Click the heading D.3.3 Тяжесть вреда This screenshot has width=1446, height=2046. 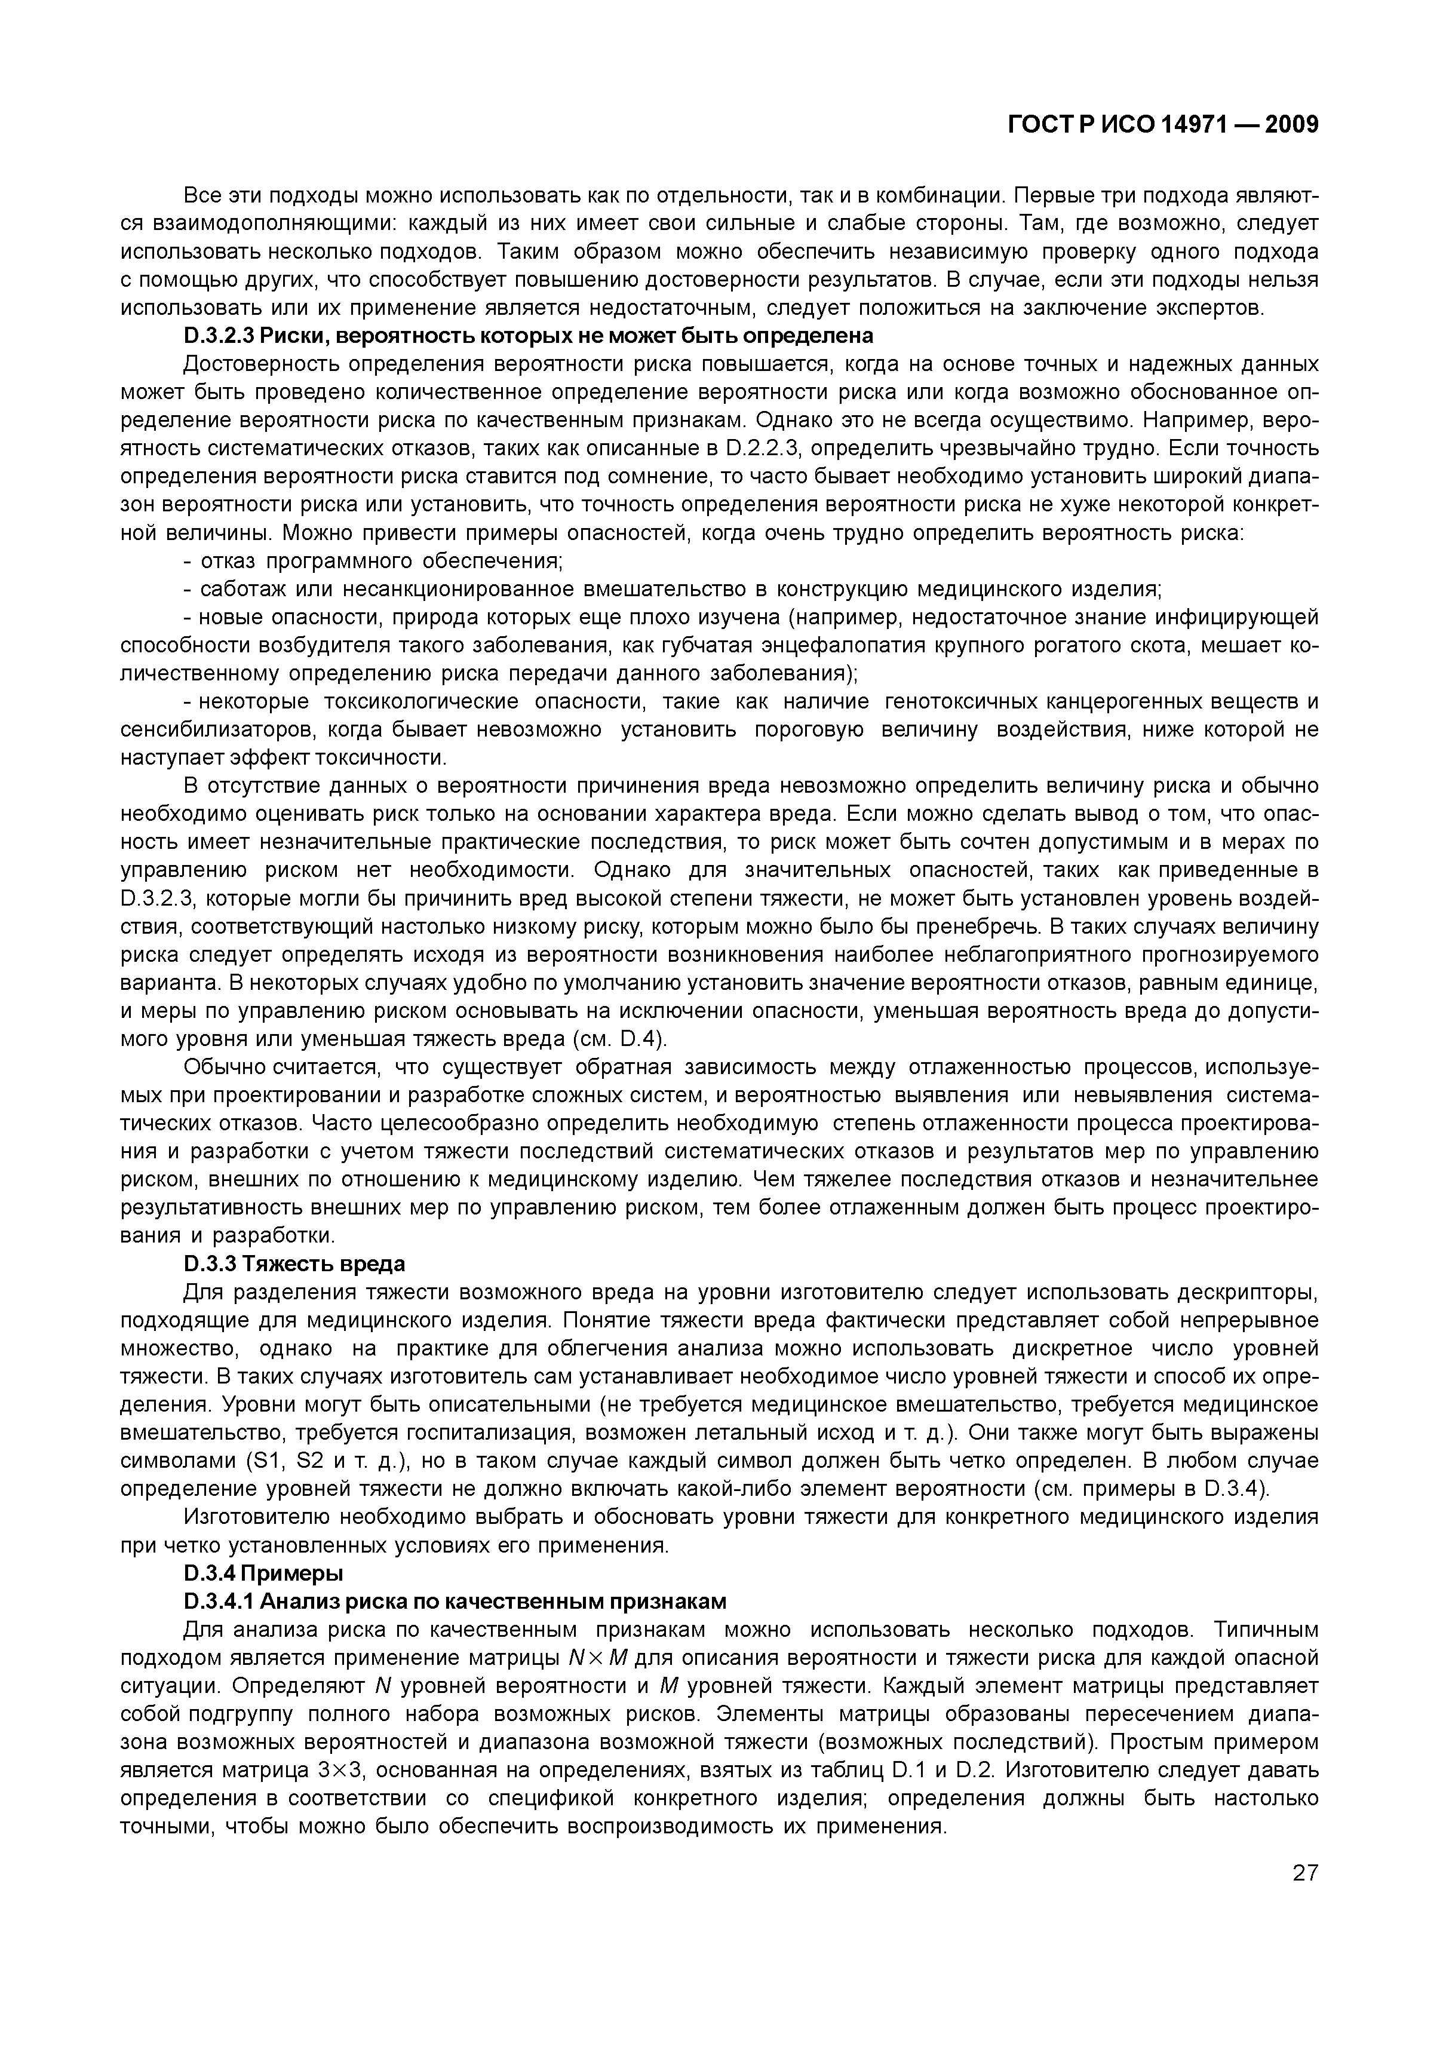294,1263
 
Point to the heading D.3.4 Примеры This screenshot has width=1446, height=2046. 263,1573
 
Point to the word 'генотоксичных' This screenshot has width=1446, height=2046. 960,702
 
